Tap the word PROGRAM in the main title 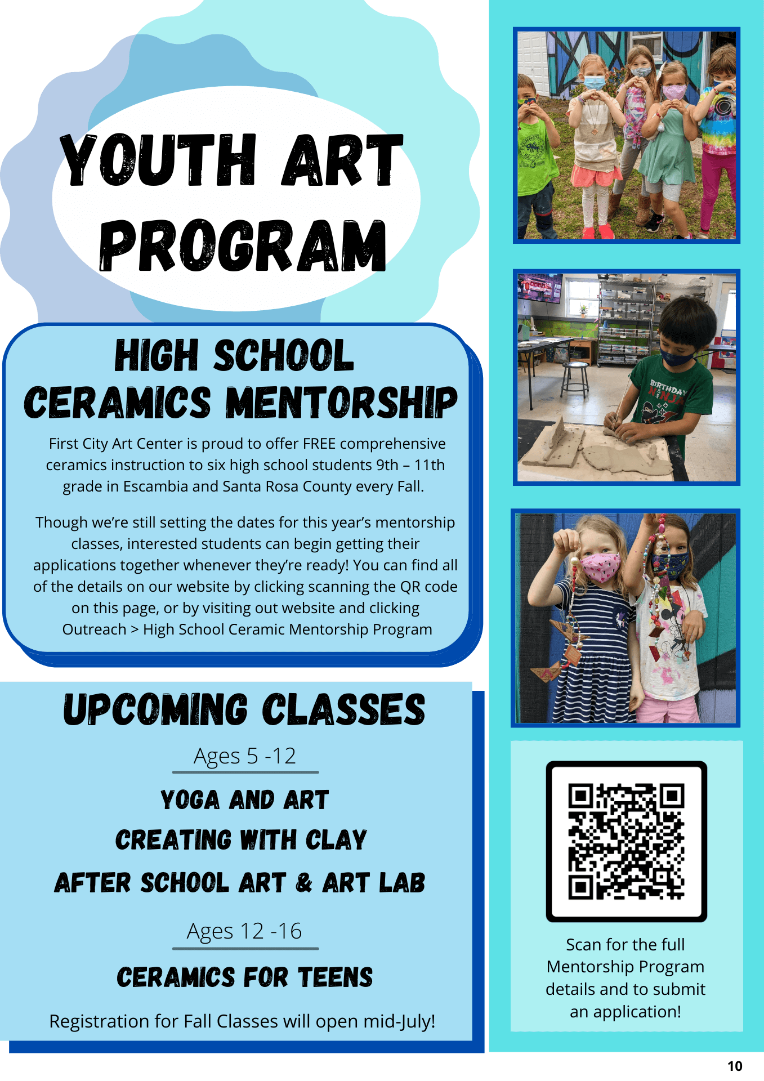coord(243,245)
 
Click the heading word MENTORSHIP coord(342,403)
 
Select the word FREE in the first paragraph coord(319,444)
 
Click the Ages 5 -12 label coord(245,756)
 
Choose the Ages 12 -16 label coord(244,932)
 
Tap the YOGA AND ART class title coord(244,800)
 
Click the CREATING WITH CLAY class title coord(241,840)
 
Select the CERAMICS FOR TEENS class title coord(245,977)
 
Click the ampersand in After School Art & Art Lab coord(303,882)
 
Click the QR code coord(626,841)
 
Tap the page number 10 coord(735,1066)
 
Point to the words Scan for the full coord(626,944)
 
